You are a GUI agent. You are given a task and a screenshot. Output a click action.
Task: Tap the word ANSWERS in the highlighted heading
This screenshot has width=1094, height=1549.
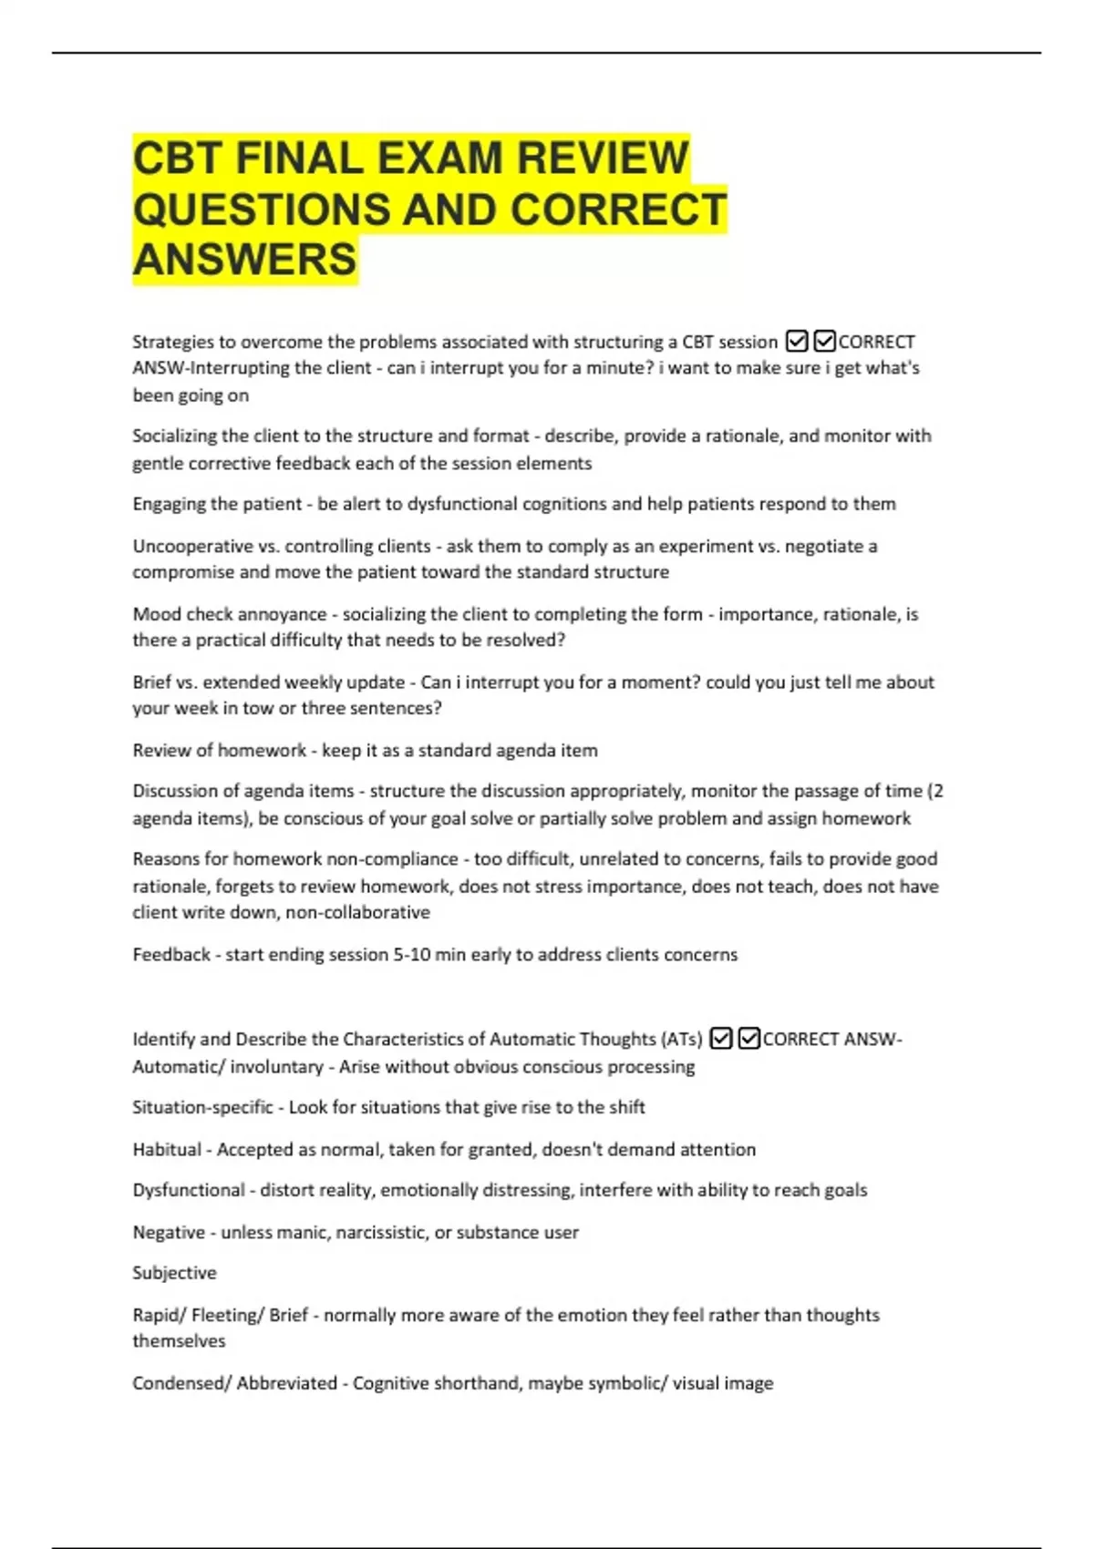coord(244,259)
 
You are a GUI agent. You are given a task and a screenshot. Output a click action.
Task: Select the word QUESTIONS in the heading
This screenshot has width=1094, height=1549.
coord(260,209)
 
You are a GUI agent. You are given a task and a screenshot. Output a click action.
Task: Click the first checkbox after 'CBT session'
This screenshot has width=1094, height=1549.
coord(796,342)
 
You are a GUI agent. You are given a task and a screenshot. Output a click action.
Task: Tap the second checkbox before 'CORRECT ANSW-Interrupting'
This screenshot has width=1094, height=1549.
coord(824,342)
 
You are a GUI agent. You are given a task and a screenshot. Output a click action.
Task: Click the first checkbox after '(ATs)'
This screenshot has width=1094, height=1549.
coord(720,1039)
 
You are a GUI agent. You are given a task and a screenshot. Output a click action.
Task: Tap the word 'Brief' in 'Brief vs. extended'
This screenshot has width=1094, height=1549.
coord(151,682)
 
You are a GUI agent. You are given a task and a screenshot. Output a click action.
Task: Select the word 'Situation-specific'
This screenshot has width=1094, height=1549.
coord(202,1107)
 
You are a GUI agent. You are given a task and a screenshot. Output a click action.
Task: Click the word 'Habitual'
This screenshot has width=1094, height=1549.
coord(167,1149)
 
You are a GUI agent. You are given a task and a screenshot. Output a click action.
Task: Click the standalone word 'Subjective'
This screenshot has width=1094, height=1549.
coord(174,1273)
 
